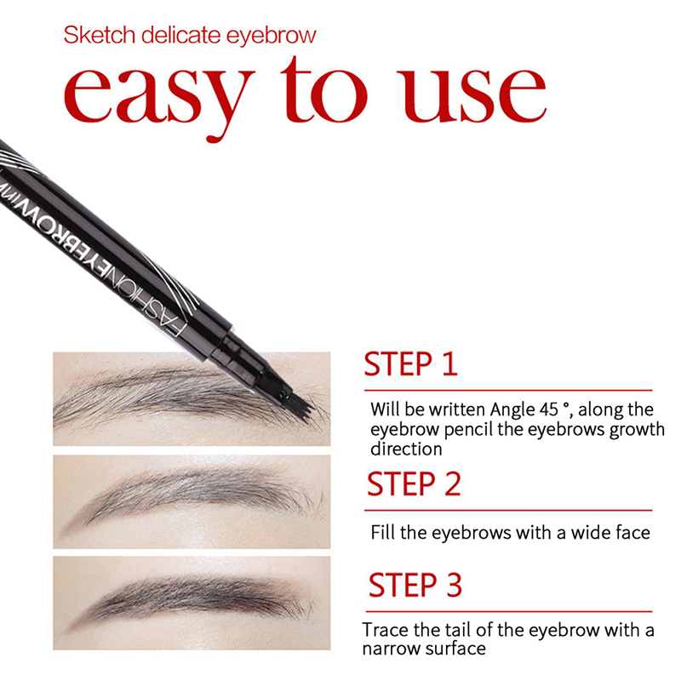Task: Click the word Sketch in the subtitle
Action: (100, 35)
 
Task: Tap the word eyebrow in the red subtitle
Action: (272, 36)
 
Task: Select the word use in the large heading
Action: (472, 95)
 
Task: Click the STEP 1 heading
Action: (410, 364)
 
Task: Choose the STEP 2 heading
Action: (414, 484)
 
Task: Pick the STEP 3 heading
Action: (415, 585)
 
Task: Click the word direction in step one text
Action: (406, 449)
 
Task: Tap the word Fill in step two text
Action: (383, 533)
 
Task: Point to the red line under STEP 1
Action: (508, 391)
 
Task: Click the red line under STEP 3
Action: (509, 611)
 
